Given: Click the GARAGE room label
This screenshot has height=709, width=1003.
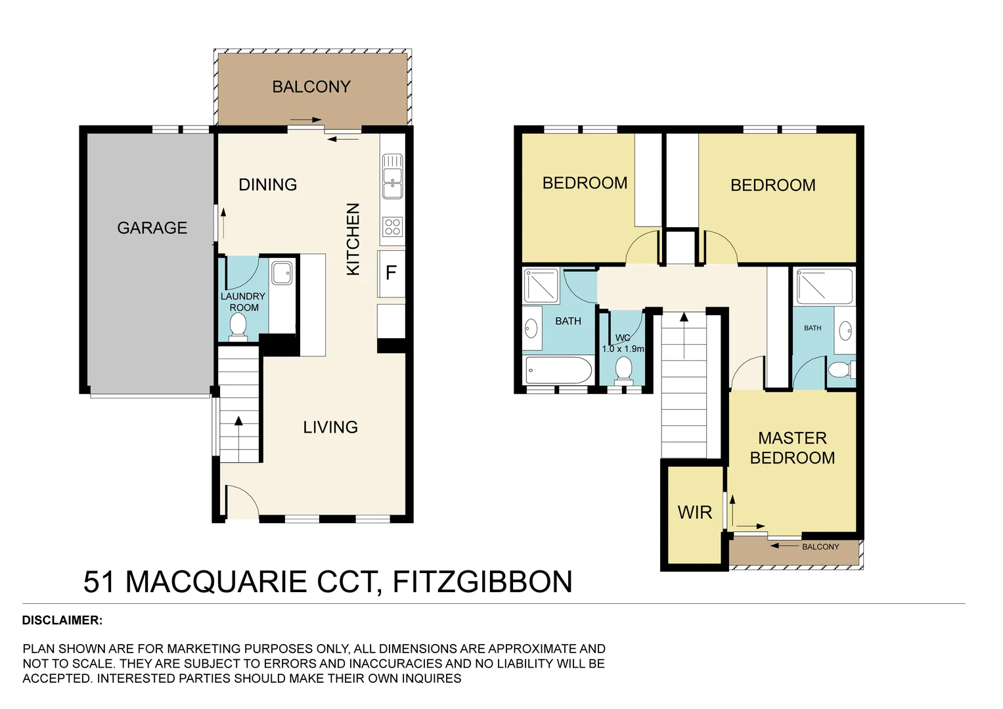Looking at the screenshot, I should pos(152,228).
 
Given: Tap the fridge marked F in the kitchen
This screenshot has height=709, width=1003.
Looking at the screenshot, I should pos(391,272).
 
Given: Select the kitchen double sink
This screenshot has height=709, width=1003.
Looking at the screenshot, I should pos(392,176).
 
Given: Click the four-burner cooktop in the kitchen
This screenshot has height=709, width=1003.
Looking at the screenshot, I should pos(392,226).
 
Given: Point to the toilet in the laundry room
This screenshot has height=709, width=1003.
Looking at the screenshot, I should pos(238,325).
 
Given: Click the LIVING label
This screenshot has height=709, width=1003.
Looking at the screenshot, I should pos(330,427).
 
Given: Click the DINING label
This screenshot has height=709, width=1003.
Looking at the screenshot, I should pos(267,184).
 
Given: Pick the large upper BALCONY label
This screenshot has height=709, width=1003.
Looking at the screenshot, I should pos(311,87).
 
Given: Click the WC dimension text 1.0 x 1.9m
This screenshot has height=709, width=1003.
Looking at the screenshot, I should pos(623,349).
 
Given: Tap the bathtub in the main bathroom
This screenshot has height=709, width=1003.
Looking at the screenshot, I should pos(559,371).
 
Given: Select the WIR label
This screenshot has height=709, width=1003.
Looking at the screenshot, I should pos(694,513).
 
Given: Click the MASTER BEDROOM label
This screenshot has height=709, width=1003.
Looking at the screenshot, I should pos(792,448).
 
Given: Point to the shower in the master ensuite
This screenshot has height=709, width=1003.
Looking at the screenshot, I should pos(824,286).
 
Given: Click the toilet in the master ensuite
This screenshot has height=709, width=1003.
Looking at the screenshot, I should pos(839,370).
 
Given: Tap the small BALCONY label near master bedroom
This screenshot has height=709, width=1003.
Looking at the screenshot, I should pos(820,546).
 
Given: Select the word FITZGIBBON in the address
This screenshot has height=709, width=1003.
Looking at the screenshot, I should pos(482,582).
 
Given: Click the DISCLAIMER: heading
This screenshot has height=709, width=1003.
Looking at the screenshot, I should pos(62,620).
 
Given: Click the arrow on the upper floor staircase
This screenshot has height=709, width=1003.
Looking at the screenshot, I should pos(684,335).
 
